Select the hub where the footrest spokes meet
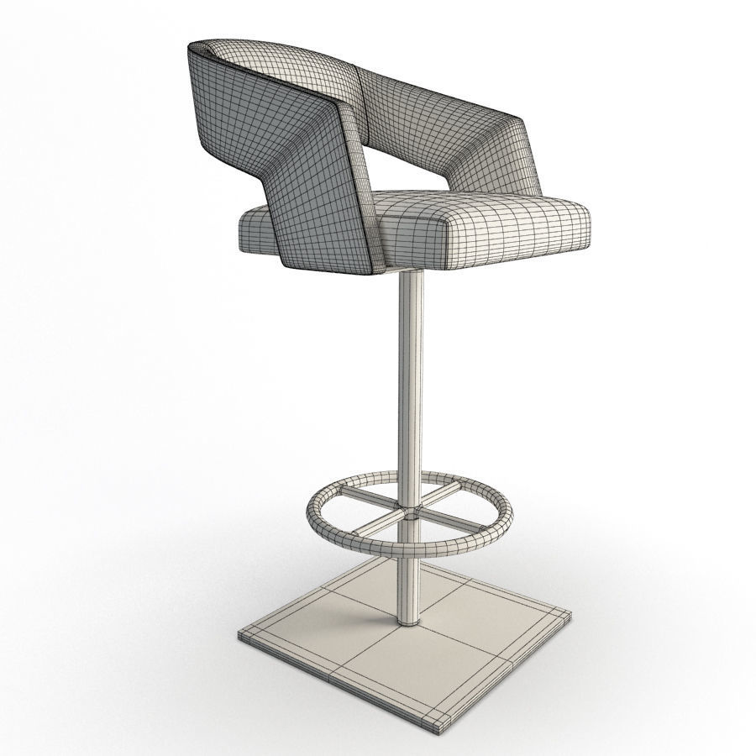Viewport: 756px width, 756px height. pyautogui.click(x=410, y=512)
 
